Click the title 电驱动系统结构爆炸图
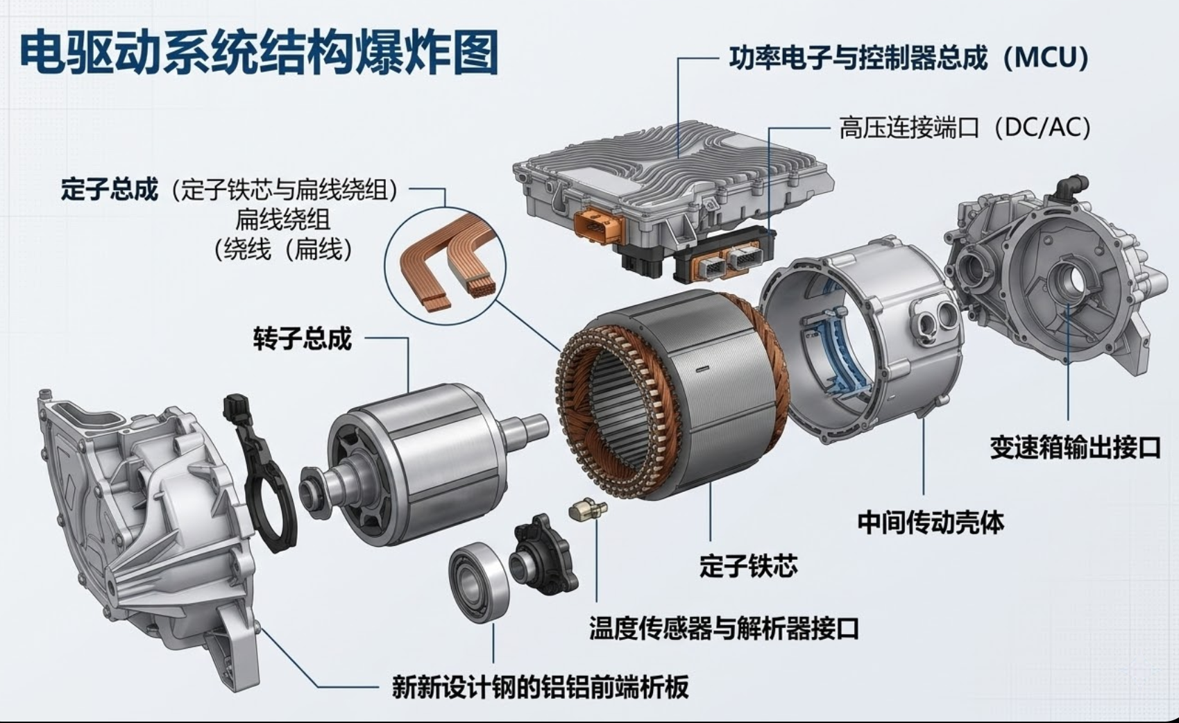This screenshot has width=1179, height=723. click(258, 53)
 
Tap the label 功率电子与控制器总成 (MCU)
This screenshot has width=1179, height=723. click(909, 58)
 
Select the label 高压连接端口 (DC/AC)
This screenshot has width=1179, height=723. click(965, 128)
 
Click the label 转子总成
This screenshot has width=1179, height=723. click(302, 339)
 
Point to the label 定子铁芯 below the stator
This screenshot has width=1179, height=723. click(749, 565)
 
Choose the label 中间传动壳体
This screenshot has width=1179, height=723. click(931, 522)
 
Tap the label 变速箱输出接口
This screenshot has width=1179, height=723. click(1076, 448)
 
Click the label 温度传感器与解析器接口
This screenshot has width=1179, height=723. click(724, 628)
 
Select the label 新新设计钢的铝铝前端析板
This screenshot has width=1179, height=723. click(540, 687)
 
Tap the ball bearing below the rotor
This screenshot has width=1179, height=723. click(479, 582)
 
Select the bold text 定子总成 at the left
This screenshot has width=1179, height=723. click(109, 189)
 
